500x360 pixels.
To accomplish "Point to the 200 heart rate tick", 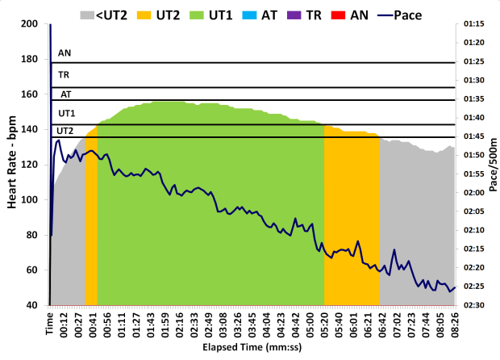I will pyautogui.click(x=30, y=24).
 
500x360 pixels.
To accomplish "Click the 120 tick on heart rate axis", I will pyautogui.click(x=30, y=165).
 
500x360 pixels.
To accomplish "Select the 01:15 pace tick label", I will pyautogui.click(x=474, y=24).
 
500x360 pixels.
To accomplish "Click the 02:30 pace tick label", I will pyautogui.click(x=474, y=305).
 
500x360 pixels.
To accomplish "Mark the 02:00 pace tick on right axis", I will pyautogui.click(x=474, y=193).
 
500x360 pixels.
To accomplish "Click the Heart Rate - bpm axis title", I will pyautogui.click(x=12, y=165).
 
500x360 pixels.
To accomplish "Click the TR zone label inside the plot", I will pyautogui.click(x=63, y=74).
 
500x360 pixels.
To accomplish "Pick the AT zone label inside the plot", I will pyautogui.click(x=65, y=94).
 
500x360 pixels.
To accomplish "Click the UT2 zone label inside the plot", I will pyautogui.click(x=65, y=130).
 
